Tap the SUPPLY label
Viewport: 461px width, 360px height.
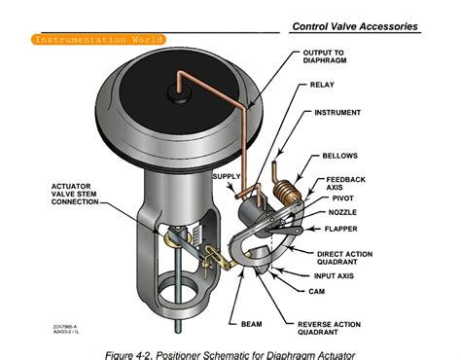point(226,176)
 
